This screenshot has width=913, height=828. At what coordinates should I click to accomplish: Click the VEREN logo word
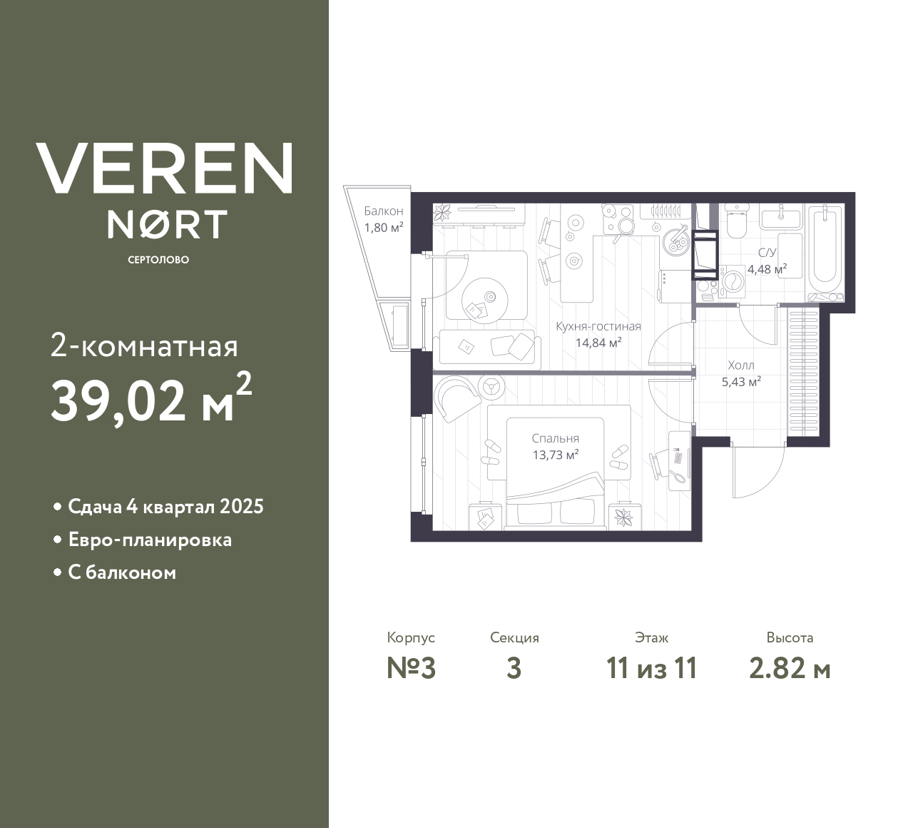[x=165, y=168]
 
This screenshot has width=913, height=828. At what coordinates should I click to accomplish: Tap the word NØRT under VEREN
[x=168, y=223]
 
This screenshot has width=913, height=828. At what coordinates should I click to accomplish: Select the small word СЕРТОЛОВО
[x=158, y=260]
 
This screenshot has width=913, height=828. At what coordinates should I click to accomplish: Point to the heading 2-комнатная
[x=144, y=348]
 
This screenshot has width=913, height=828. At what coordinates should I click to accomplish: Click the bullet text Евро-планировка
[x=150, y=540]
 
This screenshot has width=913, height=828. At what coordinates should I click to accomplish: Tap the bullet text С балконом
[x=122, y=572]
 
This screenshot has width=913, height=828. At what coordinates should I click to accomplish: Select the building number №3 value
[x=411, y=669]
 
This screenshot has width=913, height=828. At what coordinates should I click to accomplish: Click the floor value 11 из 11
[x=651, y=669]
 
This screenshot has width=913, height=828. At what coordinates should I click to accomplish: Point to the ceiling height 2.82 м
[x=790, y=669]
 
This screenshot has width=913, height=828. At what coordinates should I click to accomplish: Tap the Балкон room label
[x=384, y=211]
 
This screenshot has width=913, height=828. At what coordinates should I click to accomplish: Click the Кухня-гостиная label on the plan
[x=598, y=327]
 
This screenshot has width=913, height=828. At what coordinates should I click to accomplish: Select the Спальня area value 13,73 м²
[x=555, y=455]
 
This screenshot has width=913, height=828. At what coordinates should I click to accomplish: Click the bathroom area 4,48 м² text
[x=767, y=269]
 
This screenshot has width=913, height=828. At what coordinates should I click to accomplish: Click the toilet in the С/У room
[x=736, y=221]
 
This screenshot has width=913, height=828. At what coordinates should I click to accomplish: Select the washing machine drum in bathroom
[x=731, y=281]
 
